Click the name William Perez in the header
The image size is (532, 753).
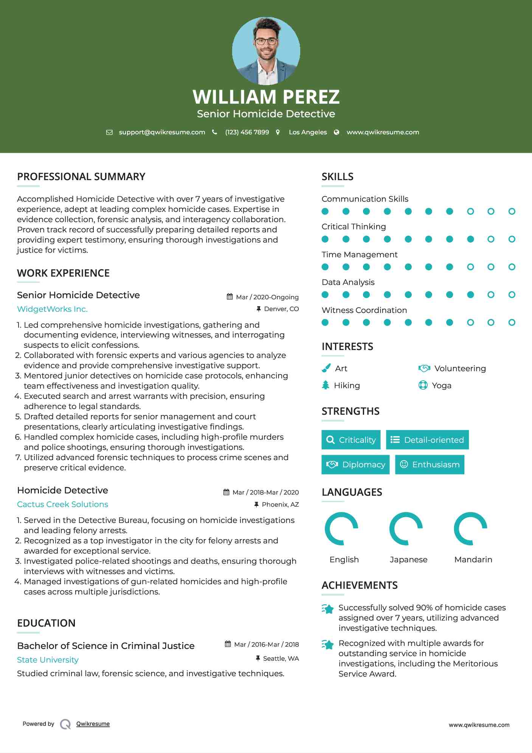point(266,97)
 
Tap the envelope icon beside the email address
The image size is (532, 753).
point(109,132)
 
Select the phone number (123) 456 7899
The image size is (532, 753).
point(247,132)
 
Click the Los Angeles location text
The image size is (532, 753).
point(308,132)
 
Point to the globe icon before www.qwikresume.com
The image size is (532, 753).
point(337,132)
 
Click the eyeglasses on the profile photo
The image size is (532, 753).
point(266,41)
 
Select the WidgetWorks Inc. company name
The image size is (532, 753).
point(52,309)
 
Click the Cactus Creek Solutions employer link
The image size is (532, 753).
point(62,504)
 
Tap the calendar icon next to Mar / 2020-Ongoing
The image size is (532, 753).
point(230,297)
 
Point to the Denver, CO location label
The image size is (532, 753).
point(281,309)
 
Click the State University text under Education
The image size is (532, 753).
point(48,660)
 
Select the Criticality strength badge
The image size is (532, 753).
point(351,440)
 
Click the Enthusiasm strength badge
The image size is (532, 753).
point(430,465)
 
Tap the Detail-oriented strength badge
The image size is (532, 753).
point(427,440)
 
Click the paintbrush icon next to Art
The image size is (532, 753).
point(326,368)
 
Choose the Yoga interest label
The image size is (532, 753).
point(442,386)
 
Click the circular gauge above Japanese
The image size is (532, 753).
point(406,529)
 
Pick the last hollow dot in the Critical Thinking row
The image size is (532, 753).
point(512,239)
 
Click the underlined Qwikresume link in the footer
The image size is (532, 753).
point(93,724)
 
